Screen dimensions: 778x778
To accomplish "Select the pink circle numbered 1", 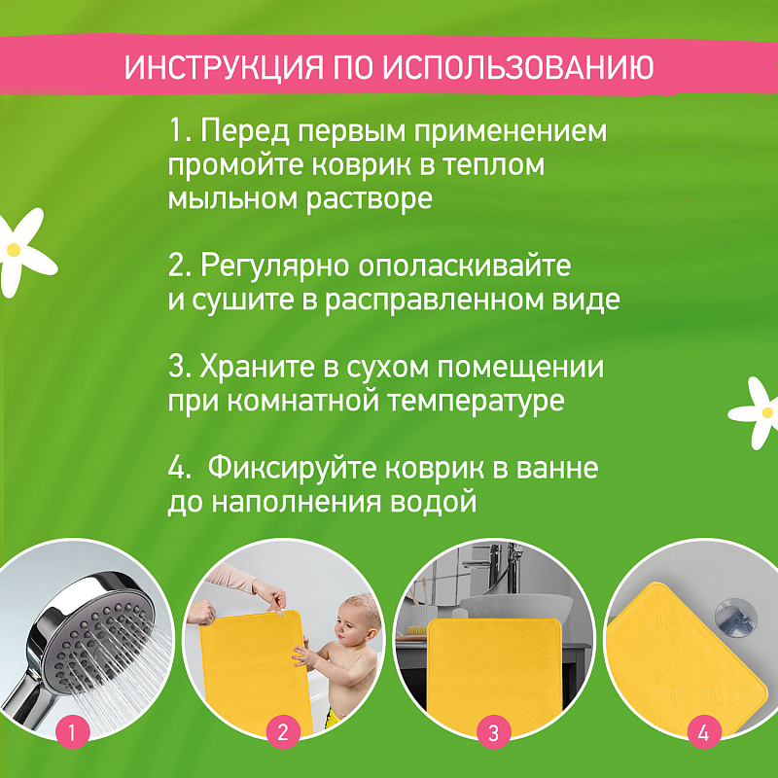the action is (72, 732).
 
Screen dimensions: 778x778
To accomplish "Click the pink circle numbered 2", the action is (283, 732).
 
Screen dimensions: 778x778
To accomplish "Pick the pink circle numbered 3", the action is (493, 732).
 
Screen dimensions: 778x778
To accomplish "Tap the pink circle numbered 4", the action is (703, 732).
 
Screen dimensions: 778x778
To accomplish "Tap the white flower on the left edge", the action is (22, 252).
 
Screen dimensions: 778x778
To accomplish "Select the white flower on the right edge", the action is (756, 412).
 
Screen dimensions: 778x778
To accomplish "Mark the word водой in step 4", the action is (433, 502).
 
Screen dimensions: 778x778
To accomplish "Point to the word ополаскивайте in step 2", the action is (465, 265).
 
